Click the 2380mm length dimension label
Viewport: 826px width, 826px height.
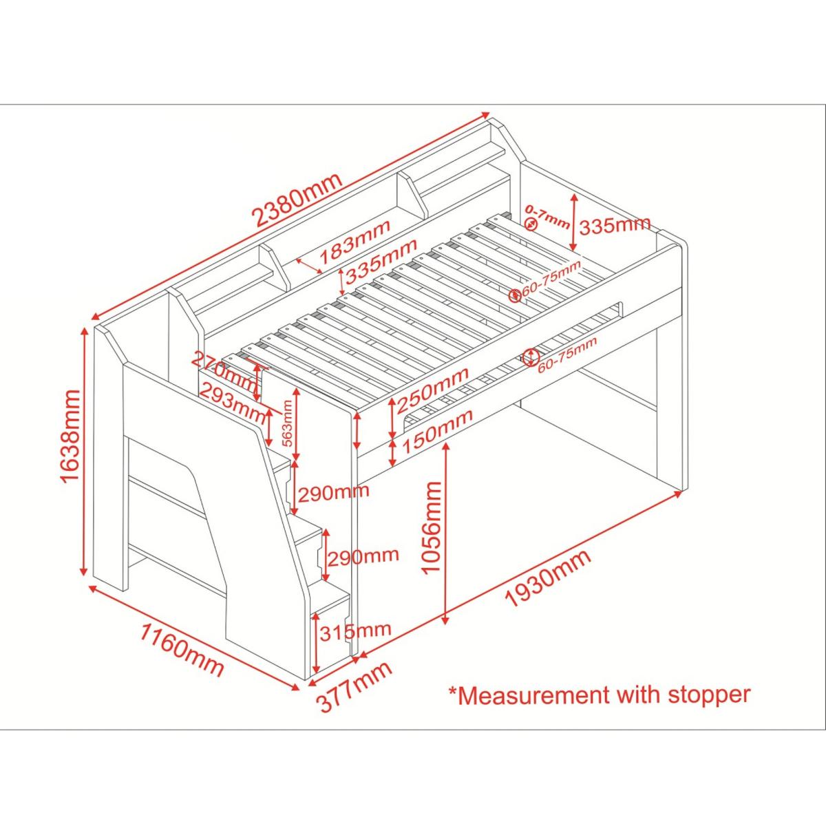tap(299, 200)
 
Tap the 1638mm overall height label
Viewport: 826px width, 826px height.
tap(71, 436)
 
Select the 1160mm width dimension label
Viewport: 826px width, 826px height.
tap(181, 650)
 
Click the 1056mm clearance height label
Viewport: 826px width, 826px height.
tap(431, 527)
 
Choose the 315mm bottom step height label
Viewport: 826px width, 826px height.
tap(355, 631)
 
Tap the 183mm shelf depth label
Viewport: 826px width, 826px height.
tap(355, 242)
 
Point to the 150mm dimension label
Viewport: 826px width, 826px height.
tap(437, 431)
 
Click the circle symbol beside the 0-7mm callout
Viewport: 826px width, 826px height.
tap(531, 224)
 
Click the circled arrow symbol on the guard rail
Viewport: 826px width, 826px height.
tap(531, 357)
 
